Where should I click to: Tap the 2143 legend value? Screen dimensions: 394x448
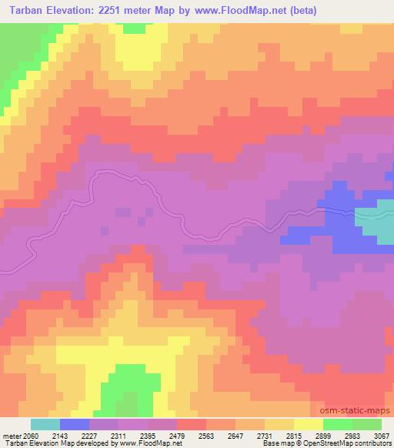[x=71, y=435]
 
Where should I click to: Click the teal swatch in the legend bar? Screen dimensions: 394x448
[x=45, y=424]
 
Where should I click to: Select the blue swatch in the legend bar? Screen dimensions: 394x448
[x=75, y=424]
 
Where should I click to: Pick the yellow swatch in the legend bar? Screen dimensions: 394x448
[x=309, y=424]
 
